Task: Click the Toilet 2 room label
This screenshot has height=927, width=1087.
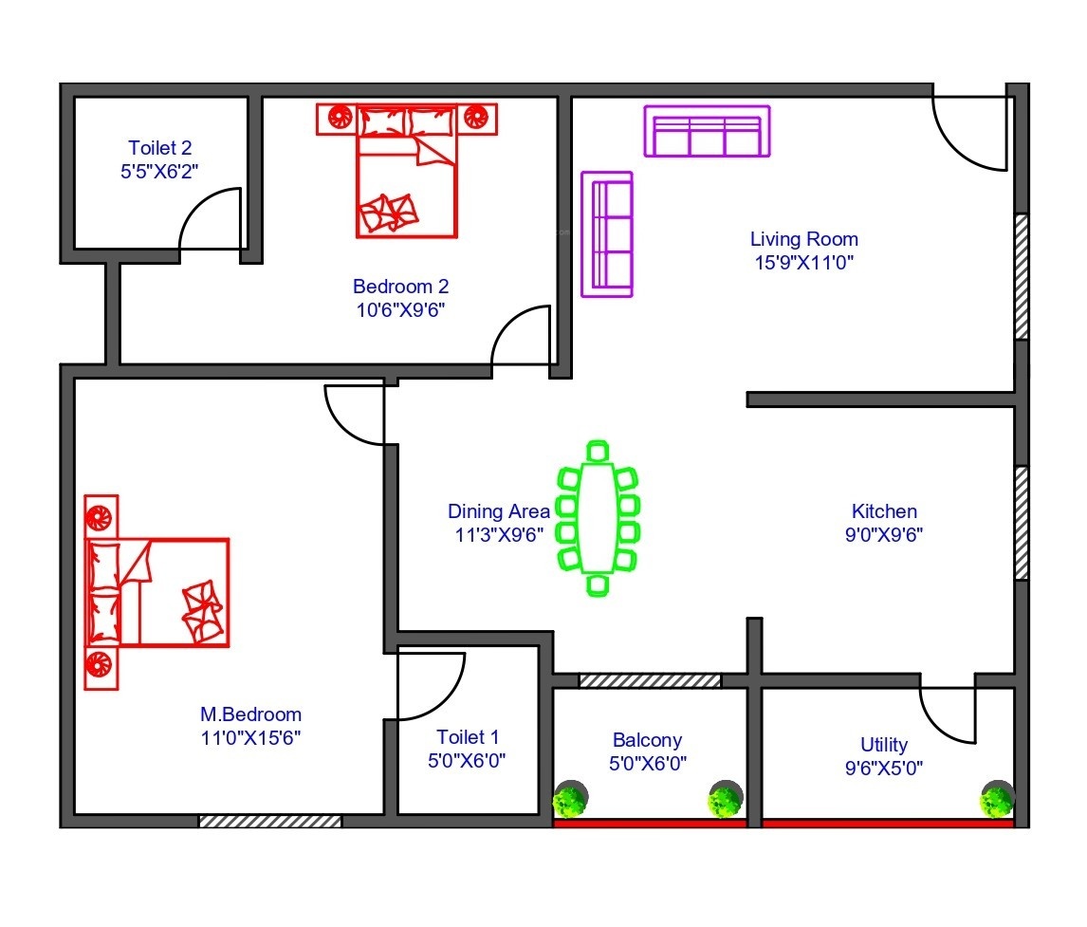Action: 159,148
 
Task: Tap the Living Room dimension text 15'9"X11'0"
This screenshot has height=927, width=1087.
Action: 804,263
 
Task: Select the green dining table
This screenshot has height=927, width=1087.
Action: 598,518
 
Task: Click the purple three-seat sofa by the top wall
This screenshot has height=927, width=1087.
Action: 707,131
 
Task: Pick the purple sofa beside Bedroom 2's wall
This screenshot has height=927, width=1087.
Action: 607,234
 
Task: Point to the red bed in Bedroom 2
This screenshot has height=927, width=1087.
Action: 407,171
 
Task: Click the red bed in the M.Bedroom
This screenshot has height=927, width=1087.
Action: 157,592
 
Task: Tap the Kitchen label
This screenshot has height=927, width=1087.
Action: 884,511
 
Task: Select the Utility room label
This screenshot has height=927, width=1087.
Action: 884,745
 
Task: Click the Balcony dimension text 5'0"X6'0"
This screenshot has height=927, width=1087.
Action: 648,764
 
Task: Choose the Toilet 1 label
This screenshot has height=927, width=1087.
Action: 468,737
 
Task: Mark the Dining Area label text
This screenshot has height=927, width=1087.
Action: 498,511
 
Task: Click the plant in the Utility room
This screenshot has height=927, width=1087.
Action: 997,799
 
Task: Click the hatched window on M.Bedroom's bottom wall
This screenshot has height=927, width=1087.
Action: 270,821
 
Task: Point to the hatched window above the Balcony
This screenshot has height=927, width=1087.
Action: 650,681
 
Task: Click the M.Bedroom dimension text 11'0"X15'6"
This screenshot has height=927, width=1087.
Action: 250,738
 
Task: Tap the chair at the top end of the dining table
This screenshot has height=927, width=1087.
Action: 598,451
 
